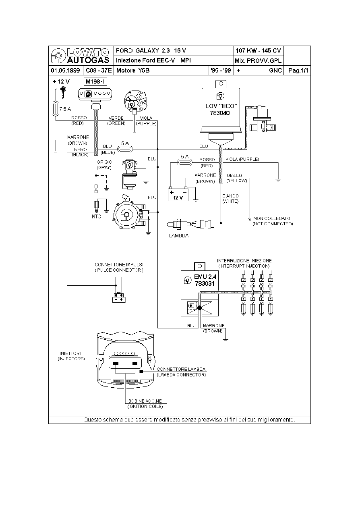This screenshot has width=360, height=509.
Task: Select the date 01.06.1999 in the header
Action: point(65,71)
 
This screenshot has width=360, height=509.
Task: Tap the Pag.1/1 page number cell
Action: point(298,71)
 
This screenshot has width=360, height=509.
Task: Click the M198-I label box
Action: point(95,82)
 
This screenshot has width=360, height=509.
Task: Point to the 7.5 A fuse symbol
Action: point(56,109)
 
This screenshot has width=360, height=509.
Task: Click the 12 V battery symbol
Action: point(178,195)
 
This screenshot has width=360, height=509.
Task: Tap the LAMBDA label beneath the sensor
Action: point(178,236)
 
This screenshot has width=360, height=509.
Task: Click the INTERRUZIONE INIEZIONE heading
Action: point(244,261)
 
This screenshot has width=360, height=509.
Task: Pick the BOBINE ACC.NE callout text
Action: point(145,401)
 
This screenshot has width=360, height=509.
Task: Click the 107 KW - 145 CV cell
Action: point(258,51)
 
